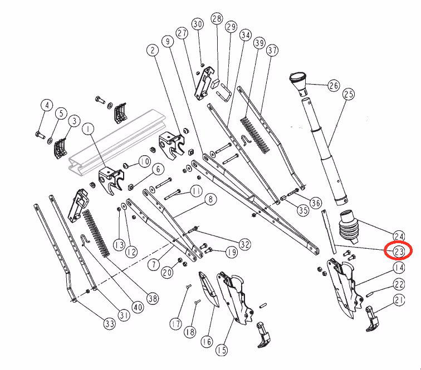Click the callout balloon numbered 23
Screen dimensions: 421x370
click(399, 251)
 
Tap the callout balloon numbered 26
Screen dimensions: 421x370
click(334, 86)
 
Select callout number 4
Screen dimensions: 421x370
click(47, 105)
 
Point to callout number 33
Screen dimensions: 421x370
click(110, 324)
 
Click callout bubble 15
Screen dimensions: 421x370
click(222, 350)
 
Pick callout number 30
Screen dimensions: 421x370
click(198, 24)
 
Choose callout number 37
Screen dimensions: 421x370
click(272, 50)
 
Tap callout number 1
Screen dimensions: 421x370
click(89, 129)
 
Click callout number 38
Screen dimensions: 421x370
click(153, 298)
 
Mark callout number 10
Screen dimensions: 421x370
click(144, 161)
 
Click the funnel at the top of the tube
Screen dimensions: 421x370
click(298, 83)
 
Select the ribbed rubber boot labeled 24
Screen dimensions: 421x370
click(349, 226)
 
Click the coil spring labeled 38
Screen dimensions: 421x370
click(96, 233)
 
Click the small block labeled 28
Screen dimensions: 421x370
click(216, 83)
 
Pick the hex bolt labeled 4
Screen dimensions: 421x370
click(40, 135)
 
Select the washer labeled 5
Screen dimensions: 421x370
click(50, 140)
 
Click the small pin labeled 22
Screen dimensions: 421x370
click(370, 294)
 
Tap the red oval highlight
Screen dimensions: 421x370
click(398, 250)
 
